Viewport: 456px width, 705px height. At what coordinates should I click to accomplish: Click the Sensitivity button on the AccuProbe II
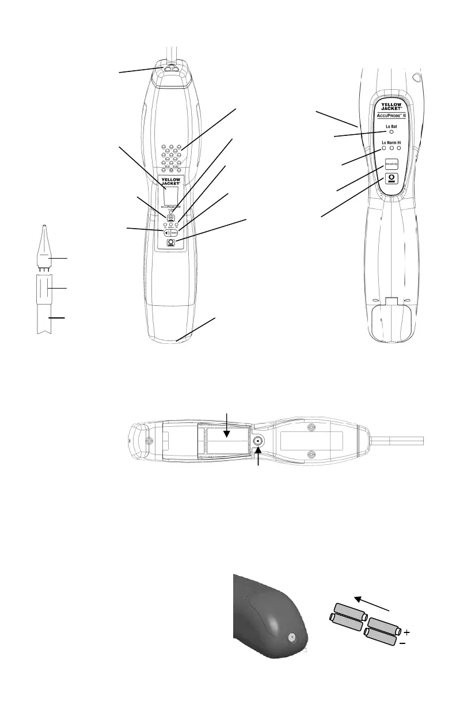(392, 164)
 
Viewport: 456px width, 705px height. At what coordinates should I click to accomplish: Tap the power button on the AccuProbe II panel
(392, 179)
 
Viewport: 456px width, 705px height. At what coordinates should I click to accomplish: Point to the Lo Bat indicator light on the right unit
(392, 132)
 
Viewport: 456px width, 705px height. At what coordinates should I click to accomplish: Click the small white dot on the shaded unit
(291, 638)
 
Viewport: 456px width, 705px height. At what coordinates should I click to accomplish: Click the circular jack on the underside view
(256, 442)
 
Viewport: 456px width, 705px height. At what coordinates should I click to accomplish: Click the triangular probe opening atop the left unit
(171, 67)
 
